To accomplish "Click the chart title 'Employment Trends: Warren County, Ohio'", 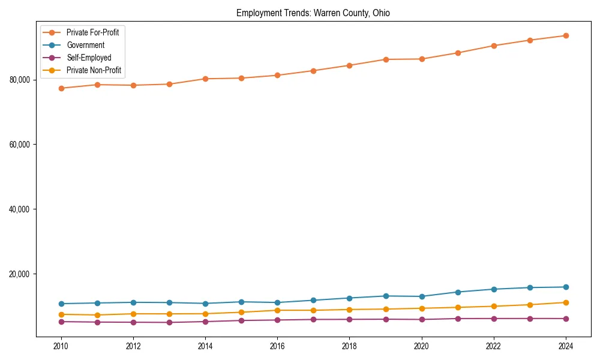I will point(313,13).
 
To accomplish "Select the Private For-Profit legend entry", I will point(92,32).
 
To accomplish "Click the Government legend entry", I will point(85,45).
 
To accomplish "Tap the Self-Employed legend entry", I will point(89,58).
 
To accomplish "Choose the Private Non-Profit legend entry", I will point(94,70).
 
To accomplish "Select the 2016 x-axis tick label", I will point(277,346).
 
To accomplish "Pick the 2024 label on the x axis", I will point(566,346).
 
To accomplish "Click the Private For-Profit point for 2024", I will point(566,36).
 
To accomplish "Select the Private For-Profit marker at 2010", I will point(61,88).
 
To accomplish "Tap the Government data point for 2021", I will point(458,292).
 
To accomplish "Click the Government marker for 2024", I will point(566,287).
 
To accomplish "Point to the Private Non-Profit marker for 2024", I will point(566,302).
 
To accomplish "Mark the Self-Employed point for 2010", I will point(61,322).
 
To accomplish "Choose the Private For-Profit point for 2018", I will point(349,65).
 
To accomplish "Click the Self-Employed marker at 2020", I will point(422,319).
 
